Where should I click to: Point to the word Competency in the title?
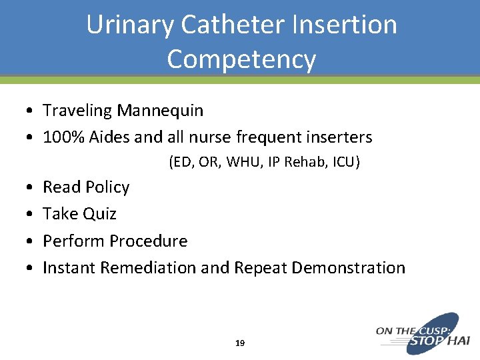point(241,59)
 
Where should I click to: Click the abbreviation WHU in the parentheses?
point(245,162)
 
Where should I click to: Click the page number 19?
point(240,343)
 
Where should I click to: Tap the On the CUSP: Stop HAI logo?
point(423,333)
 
